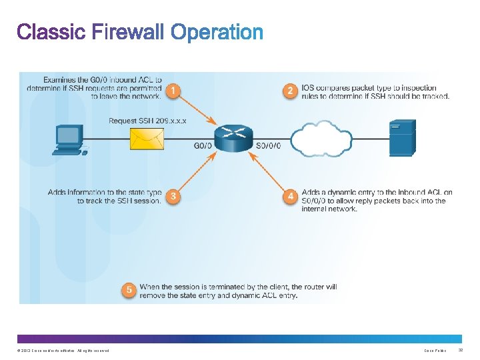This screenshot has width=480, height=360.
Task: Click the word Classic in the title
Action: pos(51,31)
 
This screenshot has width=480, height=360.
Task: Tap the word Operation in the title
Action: pos(217,32)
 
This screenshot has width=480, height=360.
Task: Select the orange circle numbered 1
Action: pos(173,90)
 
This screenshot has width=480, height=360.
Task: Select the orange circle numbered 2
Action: pos(290,90)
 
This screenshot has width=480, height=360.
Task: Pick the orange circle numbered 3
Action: pos(173,197)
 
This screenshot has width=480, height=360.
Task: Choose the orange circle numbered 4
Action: pos(290,197)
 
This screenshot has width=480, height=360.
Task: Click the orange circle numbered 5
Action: pos(129,290)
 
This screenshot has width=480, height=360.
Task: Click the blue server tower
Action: pos(402,137)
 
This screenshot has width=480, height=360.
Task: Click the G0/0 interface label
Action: pos(203,145)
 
